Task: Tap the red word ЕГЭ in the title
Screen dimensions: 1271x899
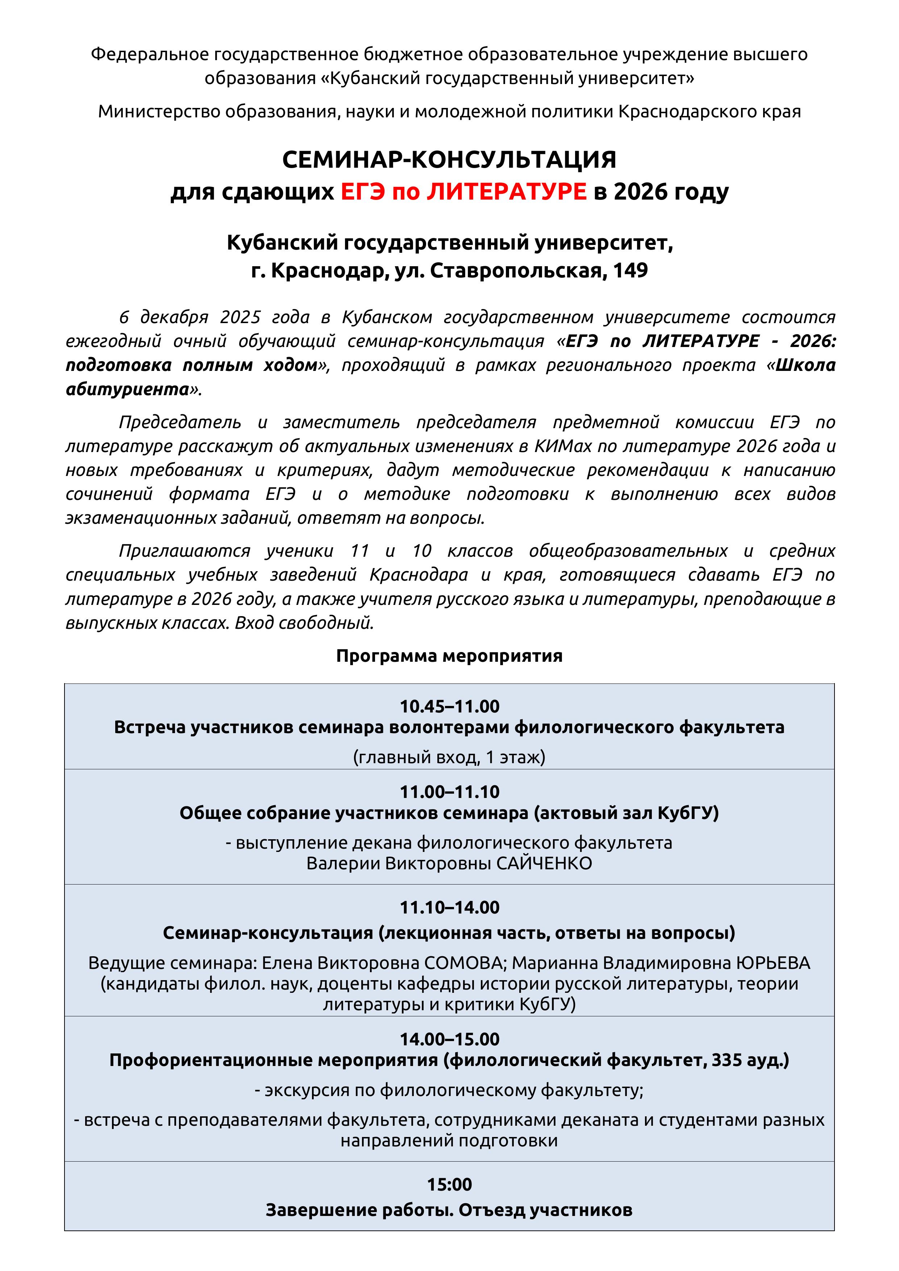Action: pyautogui.click(x=363, y=192)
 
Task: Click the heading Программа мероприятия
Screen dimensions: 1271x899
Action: pyautogui.click(x=449, y=656)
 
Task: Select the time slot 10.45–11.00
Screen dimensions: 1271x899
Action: pyautogui.click(x=449, y=706)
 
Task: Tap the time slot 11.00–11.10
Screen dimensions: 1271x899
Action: pyautogui.click(x=449, y=791)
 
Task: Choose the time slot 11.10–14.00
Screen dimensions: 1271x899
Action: pyautogui.click(x=449, y=907)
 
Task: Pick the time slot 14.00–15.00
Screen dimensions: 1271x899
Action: pyautogui.click(x=449, y=1039)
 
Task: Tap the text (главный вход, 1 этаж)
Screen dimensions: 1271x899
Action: pyautogui.click(x=449, y=757)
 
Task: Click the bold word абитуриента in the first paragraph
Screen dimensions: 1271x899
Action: pyautogui.click(x=128, y=389)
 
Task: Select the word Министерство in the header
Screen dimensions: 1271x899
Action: pyautogui.click(x=159, y=112)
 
